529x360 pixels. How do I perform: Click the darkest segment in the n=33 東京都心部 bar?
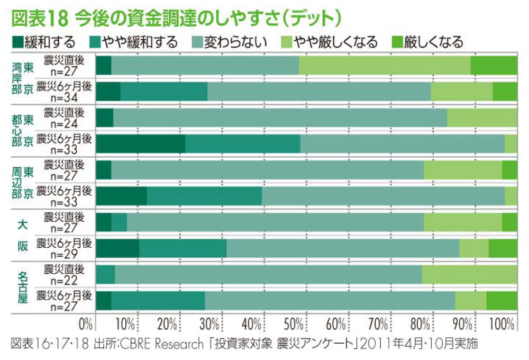click(141, 143)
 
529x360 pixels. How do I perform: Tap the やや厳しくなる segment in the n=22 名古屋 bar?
click(469, 274)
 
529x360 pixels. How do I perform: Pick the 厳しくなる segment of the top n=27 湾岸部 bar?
click(494, 65)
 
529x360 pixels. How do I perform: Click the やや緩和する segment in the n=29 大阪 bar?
click(183, 248)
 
